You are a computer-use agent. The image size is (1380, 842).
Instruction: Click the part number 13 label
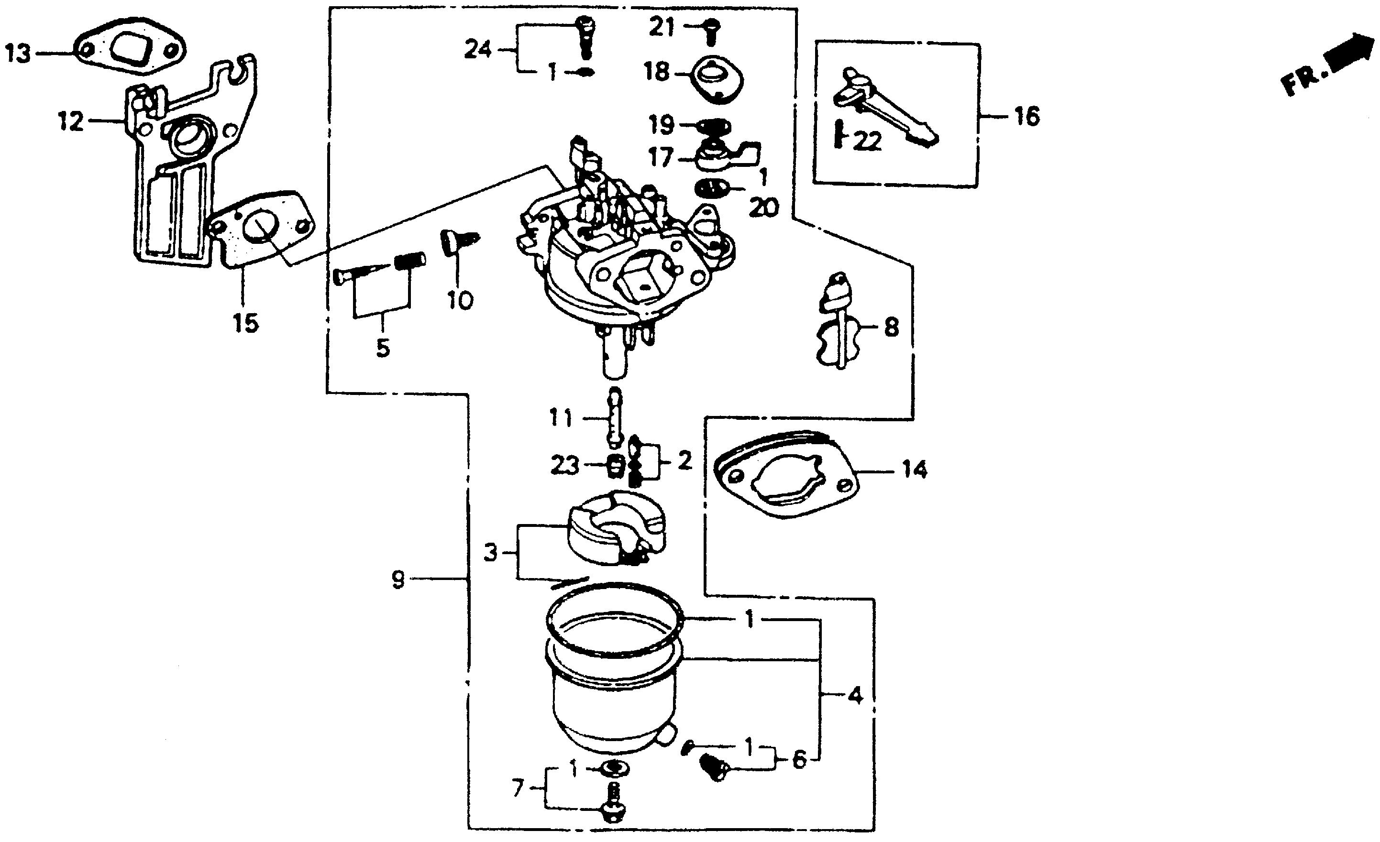(19, 55)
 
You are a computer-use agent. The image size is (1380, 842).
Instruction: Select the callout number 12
(71, 121)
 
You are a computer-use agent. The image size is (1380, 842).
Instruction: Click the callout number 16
(1027, 117)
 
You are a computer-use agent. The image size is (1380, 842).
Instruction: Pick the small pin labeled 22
(839, 134)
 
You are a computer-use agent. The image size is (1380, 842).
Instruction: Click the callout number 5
(383, 348)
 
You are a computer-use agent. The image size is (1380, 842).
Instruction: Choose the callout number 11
(561, 418)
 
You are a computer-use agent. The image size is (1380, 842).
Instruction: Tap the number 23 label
(564, 465)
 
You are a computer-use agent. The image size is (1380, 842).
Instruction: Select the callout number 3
(490, 553)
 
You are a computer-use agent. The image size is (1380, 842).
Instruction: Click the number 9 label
(397, 580)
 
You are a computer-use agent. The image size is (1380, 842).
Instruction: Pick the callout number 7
(518, 789)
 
